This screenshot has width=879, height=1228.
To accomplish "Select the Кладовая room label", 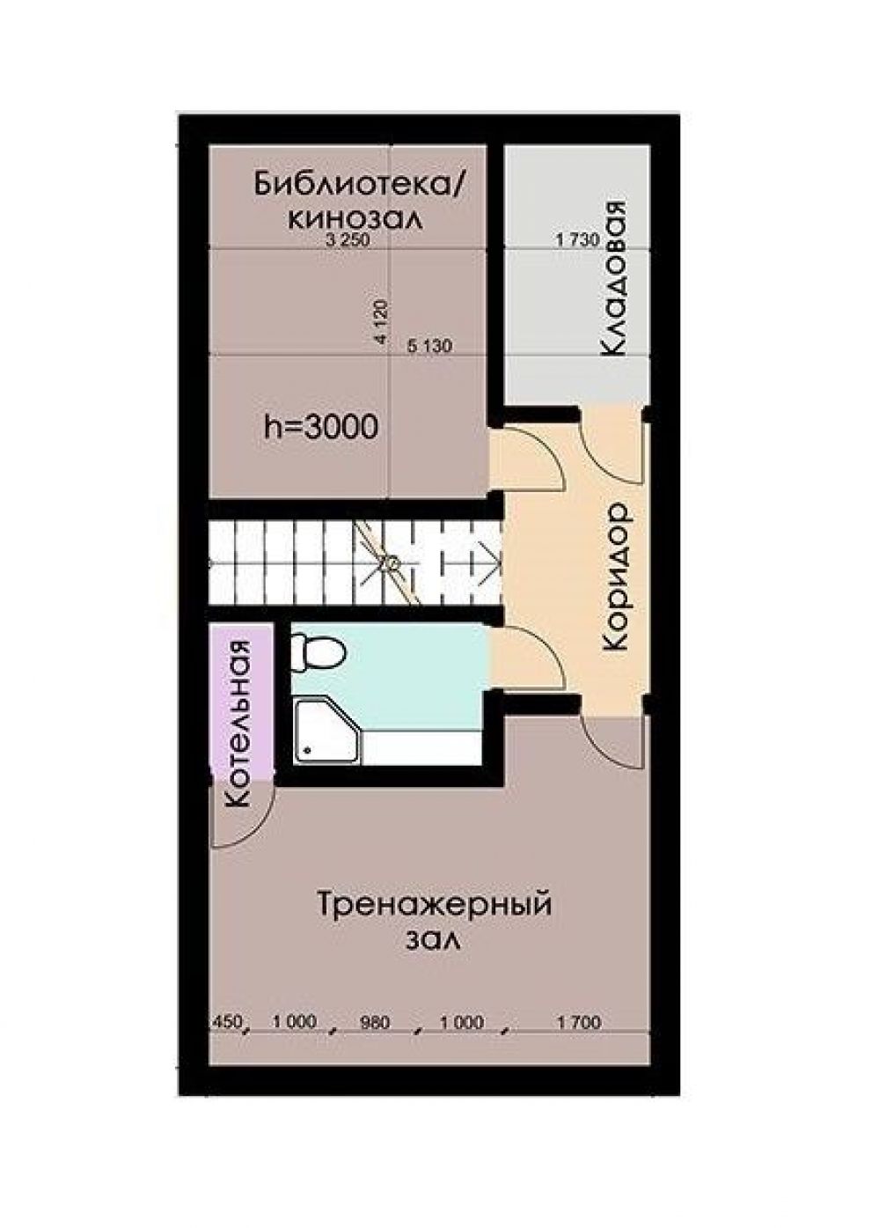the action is (x=612, y=279).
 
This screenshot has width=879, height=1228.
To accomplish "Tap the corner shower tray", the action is (x=327, y=732).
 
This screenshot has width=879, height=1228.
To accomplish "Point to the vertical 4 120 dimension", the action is (x=381, y=321).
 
